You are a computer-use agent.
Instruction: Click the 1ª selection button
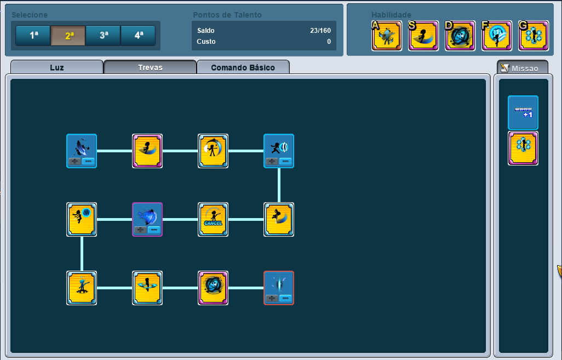point(33,36)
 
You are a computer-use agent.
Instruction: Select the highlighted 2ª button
point(68,36)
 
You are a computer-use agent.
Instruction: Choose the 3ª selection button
point(103,36)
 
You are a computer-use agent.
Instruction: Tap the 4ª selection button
point(138,36)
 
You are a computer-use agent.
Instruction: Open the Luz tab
point(56,67)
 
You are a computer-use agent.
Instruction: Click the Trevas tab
point(150,67)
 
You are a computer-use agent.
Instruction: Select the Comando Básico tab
point(243,67)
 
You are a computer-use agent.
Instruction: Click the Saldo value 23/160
point(320,31)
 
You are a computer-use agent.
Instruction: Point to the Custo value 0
point(329,42)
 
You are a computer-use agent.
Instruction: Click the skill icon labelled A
point(387,36)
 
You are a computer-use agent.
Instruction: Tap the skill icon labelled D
point(460,36)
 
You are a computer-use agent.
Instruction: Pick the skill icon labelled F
point(497,36)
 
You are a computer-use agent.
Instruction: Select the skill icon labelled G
point(534,36)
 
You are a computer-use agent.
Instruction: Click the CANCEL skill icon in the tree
point(213,219)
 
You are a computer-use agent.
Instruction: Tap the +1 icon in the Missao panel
point(523,112)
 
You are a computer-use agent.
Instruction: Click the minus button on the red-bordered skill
point(285,298)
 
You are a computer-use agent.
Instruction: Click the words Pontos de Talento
point(227,15)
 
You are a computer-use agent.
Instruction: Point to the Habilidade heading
point(391,15)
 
